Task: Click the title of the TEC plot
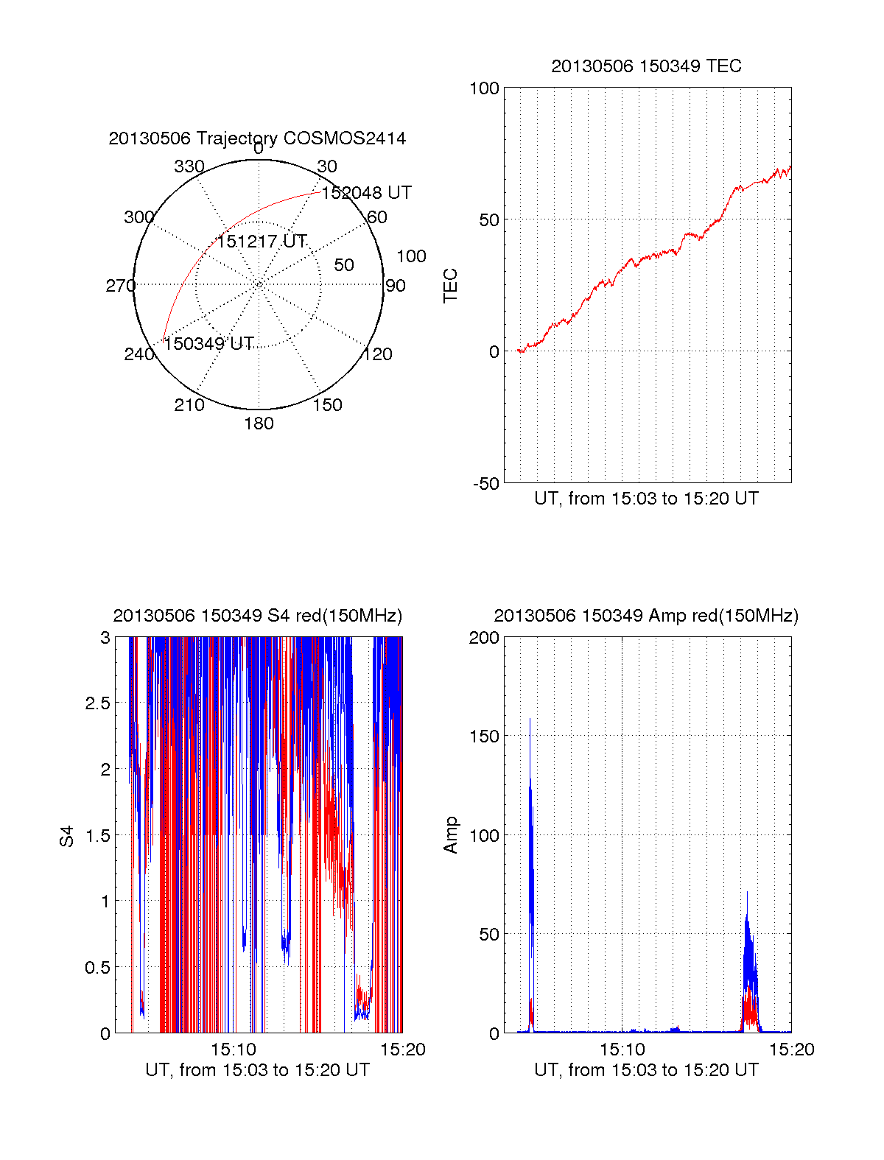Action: (646, 66)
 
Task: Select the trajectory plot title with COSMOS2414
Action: (257, 138)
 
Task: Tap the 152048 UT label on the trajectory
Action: (366, 193)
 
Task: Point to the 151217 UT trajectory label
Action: (261, 242)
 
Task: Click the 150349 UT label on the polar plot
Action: (208, 344)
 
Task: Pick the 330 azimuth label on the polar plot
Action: (189, 166)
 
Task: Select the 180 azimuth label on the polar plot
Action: (259, 423)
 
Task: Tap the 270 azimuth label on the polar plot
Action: (120, 286)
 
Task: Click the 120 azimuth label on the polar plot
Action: (377, 354)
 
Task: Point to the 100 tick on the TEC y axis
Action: (484, 88)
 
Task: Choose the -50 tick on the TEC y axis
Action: (485, 484)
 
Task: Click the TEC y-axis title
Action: (451, 286)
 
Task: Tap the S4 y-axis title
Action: (67, 836)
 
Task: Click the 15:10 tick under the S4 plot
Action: (233, 1050)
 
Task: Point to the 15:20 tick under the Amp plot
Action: (791, 1050)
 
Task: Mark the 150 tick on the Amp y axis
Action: (484, 737)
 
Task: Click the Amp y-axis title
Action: (451, 835)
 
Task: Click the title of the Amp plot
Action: (646, 616)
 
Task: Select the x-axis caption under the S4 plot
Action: (257, 1070)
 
